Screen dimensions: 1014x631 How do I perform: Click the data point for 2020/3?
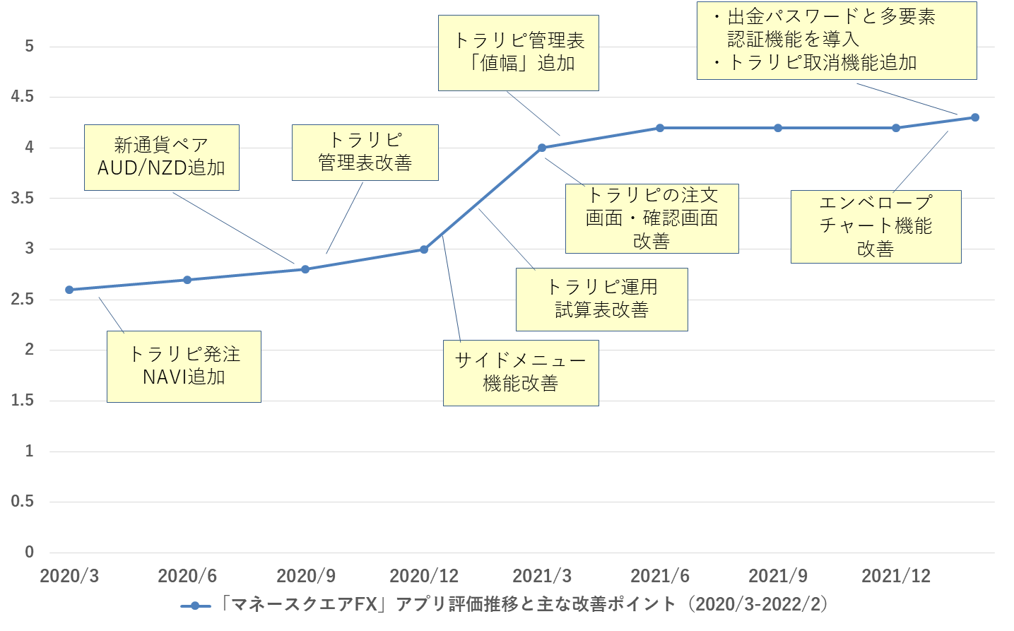(x=69, y=290)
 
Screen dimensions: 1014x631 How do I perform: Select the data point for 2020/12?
(x=424, y=249)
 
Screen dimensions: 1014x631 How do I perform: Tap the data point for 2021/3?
(x=542, y=148)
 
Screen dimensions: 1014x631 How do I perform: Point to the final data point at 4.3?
(x=975, y=118)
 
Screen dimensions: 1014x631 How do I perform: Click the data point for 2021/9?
(x=778, y=128)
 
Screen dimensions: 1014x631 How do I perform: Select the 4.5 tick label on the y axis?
(x=23, y=96)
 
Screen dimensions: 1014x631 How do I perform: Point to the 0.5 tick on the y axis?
(x=23, y=501)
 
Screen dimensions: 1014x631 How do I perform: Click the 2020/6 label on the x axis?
(x=187, y=576)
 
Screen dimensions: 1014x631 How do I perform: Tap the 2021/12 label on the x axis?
(x=896, y=576)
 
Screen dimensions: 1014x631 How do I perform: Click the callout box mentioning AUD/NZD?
(x=162, y=158)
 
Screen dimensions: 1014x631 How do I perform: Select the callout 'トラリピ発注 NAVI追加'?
(x=184, y=367)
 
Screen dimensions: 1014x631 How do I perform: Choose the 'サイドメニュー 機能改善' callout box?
(x=521, y=373)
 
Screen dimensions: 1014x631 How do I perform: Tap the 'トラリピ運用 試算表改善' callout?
(x=602, y=300)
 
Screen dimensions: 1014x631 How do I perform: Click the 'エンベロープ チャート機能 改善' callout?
(x=876, y=227)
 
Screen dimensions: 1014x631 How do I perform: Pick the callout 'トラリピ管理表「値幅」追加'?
(x=519, y=53)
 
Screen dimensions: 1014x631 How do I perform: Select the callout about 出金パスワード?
(x=837, y=41)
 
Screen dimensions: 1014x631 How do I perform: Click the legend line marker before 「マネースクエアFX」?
(x=196, y=606)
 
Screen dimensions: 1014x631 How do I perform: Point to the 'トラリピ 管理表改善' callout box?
(x=365, y=153)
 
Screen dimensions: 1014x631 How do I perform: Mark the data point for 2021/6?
(x=660, y=128)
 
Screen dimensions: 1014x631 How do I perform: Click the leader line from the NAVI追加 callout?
(x=112, y=315)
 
